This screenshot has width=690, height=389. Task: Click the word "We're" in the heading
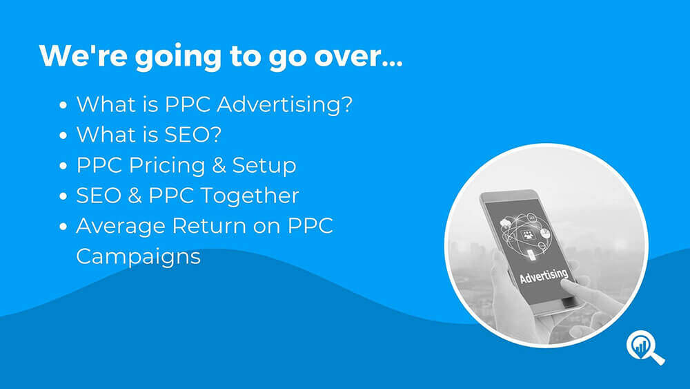pyautogui.click(x=83, y=55)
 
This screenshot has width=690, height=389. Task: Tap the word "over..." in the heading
pyautogui.click(x=358, y=57)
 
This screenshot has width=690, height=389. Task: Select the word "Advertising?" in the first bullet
pyautogui.click(x=285, y=105)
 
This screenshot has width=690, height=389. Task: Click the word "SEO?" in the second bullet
pyautogui.click(x=193, y=134)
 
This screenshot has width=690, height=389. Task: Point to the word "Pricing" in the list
pyautogui.click(x=167, y=167)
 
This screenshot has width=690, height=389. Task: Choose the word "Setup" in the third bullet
pyautogui.click(x=264, y=167)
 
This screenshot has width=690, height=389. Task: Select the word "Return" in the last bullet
pyautogui.click(x=208, y=225)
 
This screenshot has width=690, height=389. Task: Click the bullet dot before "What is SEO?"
pyautogui.click(x=63, y=135)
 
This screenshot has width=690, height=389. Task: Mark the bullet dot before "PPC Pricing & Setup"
pyautogui.click(x=63, y=166)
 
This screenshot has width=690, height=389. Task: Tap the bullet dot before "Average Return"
pyautogui.click(x=63, y=227)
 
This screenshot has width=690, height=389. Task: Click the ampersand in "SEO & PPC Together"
pyautogui.click(x=135, y=196)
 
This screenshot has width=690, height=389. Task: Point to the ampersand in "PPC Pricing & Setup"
pyautogui.click(x=219, y=165)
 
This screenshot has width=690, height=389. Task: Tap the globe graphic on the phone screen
pyautogui.click(x=524, y=234)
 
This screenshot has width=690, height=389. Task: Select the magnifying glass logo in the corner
pyautogui.click(x=645, y=348)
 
